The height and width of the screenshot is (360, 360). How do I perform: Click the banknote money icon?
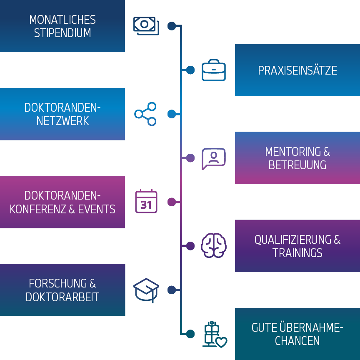146,26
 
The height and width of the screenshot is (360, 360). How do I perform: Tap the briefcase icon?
214,70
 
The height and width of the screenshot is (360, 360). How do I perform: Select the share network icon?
145,114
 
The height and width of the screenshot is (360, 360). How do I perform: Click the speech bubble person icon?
214,158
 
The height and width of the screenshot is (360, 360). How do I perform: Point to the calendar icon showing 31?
146,202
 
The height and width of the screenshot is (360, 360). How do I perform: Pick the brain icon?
214,246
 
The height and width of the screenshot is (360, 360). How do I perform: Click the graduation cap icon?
146,290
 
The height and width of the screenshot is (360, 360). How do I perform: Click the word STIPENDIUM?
62,33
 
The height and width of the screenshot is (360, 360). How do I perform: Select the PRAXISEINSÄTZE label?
297,70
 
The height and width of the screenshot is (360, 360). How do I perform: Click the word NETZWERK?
62,121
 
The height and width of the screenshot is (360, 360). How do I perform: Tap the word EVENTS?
97,209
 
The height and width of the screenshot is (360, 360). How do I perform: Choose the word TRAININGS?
297,253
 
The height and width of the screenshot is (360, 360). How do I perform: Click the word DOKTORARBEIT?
62,297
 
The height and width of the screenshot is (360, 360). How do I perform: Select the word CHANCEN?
297,341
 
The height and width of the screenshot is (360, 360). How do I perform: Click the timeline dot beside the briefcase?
190,70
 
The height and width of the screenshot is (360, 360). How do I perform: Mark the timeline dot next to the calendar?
172,202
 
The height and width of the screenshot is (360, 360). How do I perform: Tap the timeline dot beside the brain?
190,246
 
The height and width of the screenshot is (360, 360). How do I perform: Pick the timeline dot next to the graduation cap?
172,290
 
